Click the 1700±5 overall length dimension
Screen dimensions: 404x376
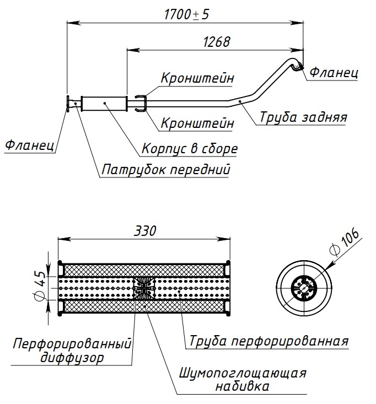186,14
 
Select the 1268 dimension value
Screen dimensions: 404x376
216,42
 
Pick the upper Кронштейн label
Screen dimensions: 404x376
197,78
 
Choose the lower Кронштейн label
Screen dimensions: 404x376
197,123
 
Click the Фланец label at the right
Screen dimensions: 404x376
334,72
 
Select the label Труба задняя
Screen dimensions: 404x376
303,117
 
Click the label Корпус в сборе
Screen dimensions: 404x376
190,148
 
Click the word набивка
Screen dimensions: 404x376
243,386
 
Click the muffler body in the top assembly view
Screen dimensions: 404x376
104,103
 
